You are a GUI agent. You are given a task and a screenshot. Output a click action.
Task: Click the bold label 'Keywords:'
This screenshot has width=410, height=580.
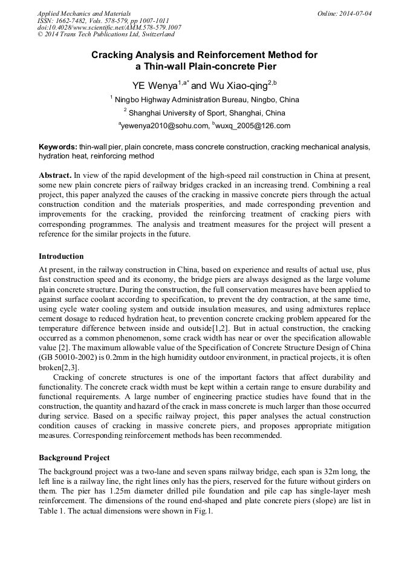(x=58, y=147)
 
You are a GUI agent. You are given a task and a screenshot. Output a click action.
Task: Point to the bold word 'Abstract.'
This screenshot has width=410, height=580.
(x=56, y=175)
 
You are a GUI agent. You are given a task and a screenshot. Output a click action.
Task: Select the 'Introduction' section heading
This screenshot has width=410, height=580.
(x=61, y=256)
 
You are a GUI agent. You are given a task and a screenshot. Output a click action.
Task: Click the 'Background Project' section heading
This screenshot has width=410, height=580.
(x=74, y=457)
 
